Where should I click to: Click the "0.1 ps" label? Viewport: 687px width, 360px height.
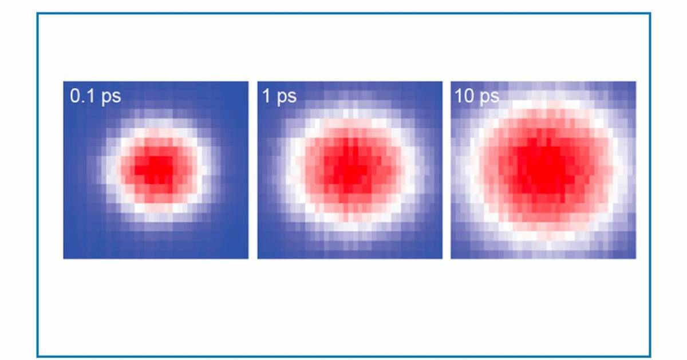click(x=95, y=96)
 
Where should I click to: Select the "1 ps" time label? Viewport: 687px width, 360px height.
click(x=279, y=96)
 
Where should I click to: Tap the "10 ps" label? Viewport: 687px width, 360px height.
click(x=476, y=96)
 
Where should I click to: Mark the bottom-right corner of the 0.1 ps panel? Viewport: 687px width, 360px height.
click(x=248, y=258)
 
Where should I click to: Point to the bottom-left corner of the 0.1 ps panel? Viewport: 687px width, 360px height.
click(x=64, y=258)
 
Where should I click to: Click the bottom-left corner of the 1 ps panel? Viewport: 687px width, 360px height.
click(x=258, y=258)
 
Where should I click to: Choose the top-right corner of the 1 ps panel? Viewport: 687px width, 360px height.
click(x=442, y=82)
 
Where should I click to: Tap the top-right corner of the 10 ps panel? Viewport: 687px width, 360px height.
click(x=635, y=82)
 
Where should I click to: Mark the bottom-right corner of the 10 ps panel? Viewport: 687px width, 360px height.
click(x=635, y=258)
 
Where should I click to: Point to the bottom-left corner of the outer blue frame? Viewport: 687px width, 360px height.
click(x=38, y=356)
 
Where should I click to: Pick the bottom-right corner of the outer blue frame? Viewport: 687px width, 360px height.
click(x=650, y=356)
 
